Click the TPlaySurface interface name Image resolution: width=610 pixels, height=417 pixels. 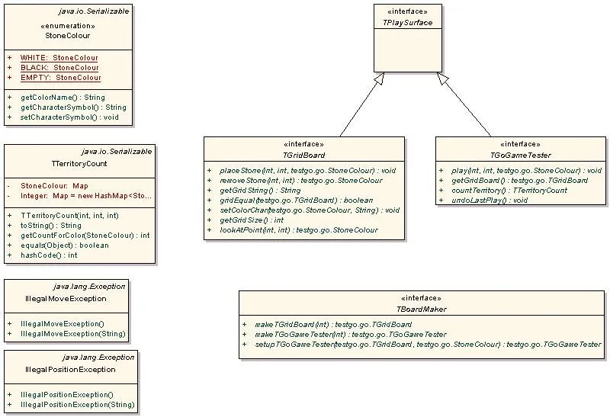click(x=407, y=23)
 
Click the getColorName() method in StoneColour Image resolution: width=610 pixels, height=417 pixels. click(x=63, y=98)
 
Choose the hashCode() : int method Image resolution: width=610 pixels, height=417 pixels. click(x=49, y=255)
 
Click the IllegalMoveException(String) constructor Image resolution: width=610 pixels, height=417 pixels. click(x=72, y=334)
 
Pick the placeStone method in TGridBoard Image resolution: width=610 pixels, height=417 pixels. click(x=307, y=170)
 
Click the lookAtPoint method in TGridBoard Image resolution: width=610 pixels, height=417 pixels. click(x=298, y=229)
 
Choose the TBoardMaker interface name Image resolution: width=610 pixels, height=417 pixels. click(x=421, y=310)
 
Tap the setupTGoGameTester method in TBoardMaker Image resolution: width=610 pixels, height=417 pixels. click(x=427, y=344)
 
